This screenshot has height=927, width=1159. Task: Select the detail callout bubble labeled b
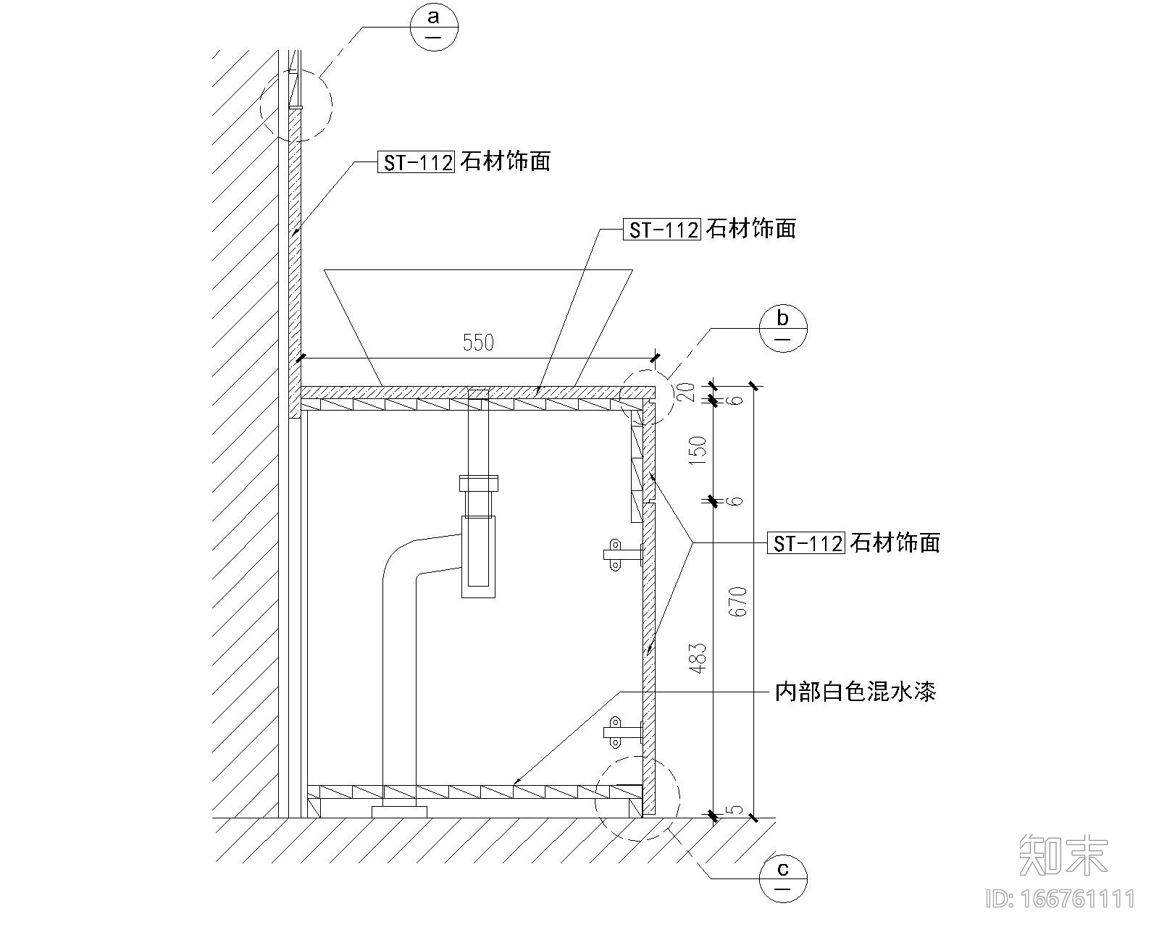pyautogui.click(x=782, y=328)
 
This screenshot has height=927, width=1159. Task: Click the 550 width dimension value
pyautogui.click(x=478, y=342)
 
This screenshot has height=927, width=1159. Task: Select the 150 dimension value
pyautogui.click(x=698, y=450)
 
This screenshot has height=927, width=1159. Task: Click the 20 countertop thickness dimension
pyautogui.click(x=689, y=392)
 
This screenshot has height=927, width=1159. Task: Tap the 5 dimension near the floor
pyautogui.click(x=737, y=809)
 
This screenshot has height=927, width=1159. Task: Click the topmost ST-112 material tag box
pyautogui.click(x=416, y=162)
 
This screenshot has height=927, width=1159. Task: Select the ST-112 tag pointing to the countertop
pyautogui.click(x=661, y=230)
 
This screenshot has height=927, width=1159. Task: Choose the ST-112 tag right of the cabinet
pyautogui.click(x=806, y=543)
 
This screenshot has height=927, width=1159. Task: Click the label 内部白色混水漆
pyautogui.click(x=855, y=692)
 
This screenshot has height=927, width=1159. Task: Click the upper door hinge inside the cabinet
pyautogui.click(x=621, y=555)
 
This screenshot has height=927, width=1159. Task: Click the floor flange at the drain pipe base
pyautogui.click(x=400, y=811)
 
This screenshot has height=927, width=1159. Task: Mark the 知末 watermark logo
pyautogui.click(x=1063, y=855)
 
